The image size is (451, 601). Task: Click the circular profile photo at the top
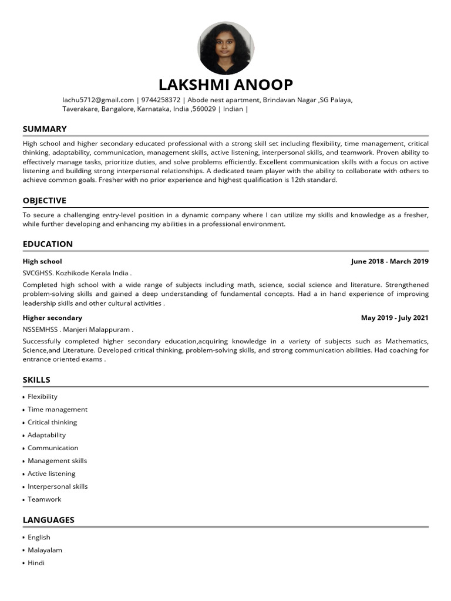225,48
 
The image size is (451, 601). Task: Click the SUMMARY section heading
45,129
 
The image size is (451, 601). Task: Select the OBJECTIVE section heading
45,201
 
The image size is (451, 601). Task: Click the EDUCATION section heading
48,244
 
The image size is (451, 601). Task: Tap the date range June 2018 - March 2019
389,261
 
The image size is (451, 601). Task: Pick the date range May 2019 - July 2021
395,318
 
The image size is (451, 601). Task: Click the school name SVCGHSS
37,273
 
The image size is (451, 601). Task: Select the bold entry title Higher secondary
52,318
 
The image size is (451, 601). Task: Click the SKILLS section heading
36,380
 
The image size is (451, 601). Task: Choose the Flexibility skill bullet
42,397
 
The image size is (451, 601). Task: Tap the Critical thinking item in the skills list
52,422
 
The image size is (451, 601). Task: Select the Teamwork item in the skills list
44,499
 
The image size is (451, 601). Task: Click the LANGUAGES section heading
48,520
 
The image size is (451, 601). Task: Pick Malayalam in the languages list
45,550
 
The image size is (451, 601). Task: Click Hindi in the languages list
36,563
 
